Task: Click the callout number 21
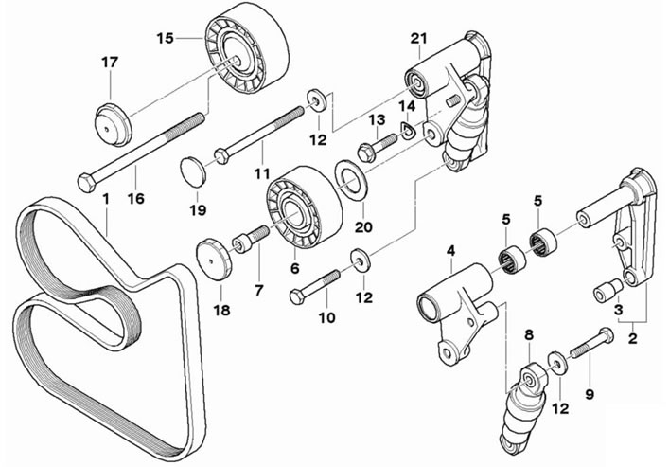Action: pos(418,39)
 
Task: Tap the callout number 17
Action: pos(110,63)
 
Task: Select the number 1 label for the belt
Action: pos(106,199)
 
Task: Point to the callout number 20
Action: pos(363,227)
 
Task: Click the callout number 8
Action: pos(529,335)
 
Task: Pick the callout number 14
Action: pos(408,106)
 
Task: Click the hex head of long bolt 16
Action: pos(87,183)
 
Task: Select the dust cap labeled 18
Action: pos(214,260)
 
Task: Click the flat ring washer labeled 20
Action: pos(351,180)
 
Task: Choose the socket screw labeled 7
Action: pos(251,240)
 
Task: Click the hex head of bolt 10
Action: pos(296,296)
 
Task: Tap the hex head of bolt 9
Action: pos(606,334)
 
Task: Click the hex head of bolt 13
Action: pos(366,153)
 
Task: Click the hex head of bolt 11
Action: pos(222,155)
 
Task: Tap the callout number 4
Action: pos(450,251)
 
